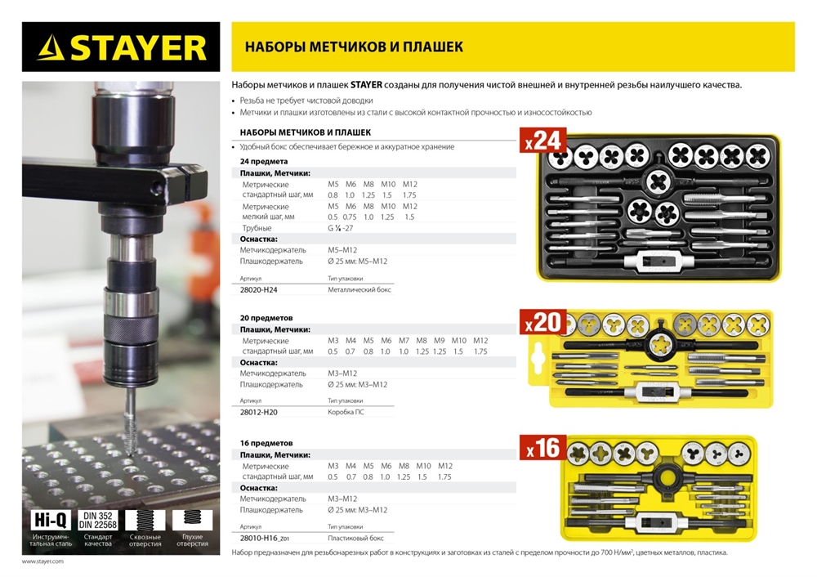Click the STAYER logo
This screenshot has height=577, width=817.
121,47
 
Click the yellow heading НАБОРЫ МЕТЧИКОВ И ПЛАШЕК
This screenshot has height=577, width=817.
354,47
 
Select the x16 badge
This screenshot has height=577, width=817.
542,448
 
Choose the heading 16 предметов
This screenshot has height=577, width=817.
261,443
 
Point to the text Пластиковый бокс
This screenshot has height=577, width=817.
356,539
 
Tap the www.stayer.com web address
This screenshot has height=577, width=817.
42,561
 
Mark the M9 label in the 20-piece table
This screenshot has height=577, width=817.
439,340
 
